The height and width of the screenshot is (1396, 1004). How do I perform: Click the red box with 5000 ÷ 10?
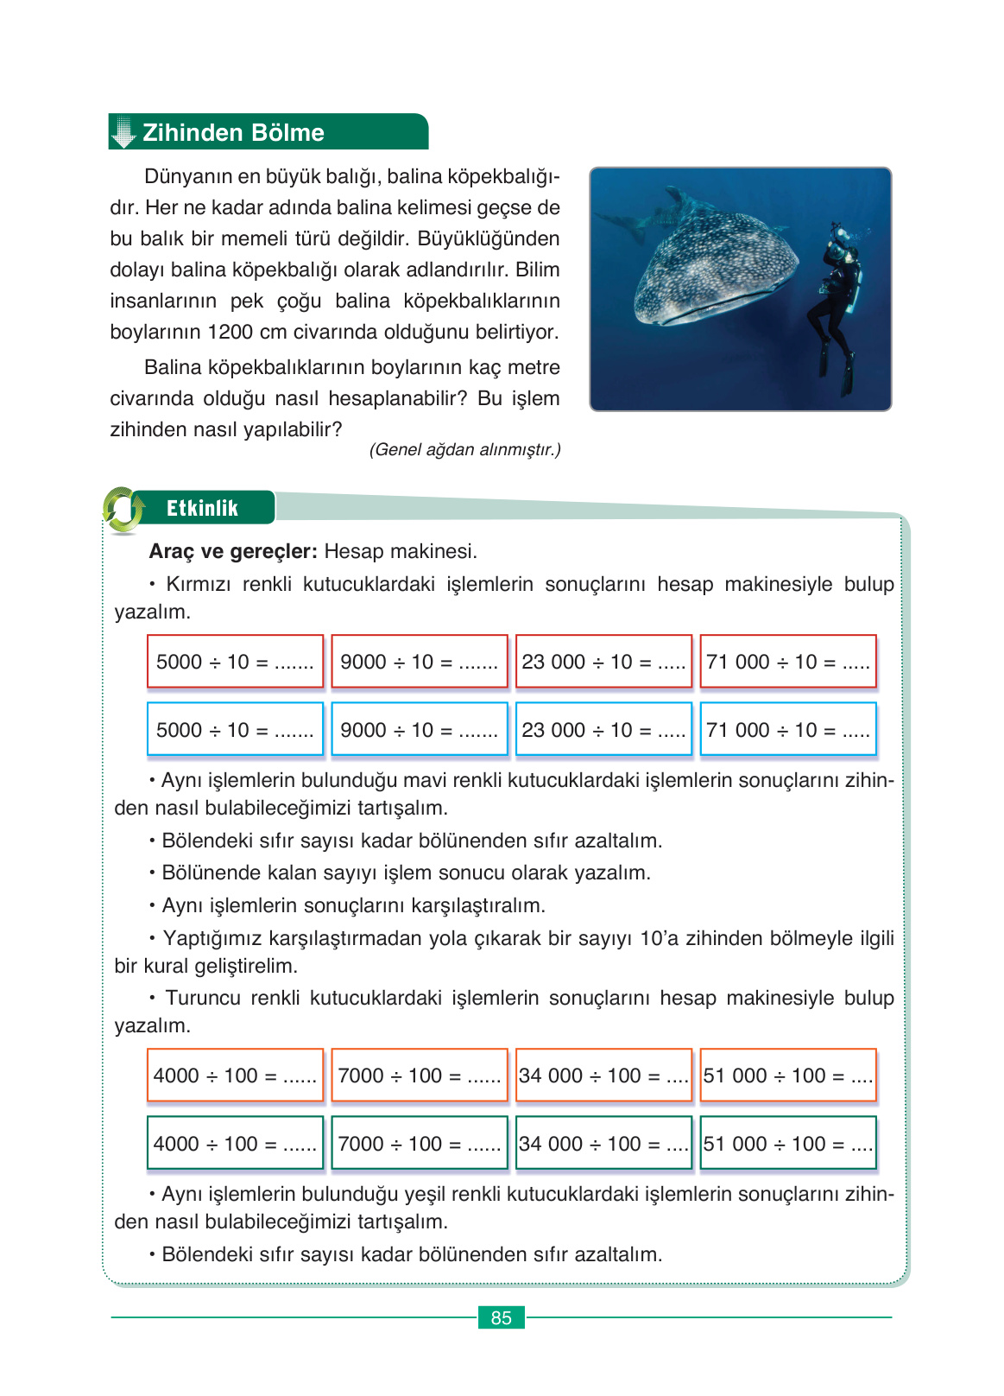pyautogui.click(x=235, y=662)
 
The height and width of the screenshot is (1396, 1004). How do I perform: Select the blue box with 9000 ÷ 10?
pyautogui.click(x=420, y=730)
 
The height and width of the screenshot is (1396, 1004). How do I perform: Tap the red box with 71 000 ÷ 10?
pyautogui.click(x=788, y=662)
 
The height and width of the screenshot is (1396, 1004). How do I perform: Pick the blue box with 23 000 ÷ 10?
pyautogui.click(x=603, y=730)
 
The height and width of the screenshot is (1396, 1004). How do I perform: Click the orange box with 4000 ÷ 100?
pyautogui.click(x=235, y=1076)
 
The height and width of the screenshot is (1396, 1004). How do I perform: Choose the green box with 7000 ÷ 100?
pyautogui.click(x=420, y=1144)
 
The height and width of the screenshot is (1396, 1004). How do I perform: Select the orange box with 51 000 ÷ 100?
pyautogui.click(x=788, y=1076)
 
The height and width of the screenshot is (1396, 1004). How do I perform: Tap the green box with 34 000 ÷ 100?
pyautogui.click(x=603, y=1144)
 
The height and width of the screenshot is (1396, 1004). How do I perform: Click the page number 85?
pyautogui.click(x=501, y=1317)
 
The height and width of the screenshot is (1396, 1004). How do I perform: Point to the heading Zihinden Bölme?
pyautogui.click(x=233, y=132)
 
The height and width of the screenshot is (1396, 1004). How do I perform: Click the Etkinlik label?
pyautogui.click(x=202, y=508)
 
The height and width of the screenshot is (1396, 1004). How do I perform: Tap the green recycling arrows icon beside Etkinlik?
pyautogui.click(x=124, y=510)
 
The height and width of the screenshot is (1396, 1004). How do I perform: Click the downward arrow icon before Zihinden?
pyautogui.click(x=124, y=132)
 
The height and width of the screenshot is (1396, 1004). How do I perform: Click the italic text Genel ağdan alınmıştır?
pyautogui.click(x=464, y=449)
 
